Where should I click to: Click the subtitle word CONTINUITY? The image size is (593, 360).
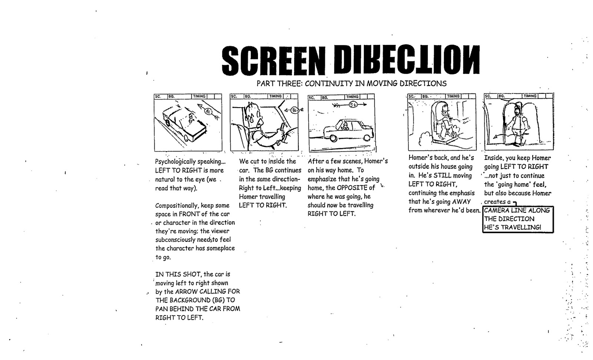(329, 83)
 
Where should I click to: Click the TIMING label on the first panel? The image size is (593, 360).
(199, 96)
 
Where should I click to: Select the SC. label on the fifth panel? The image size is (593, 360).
(488, 96)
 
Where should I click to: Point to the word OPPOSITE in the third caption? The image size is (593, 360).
(352, 188)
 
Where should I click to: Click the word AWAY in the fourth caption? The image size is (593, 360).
(461, 202)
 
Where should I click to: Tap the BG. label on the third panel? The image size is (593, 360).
(324, 98)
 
